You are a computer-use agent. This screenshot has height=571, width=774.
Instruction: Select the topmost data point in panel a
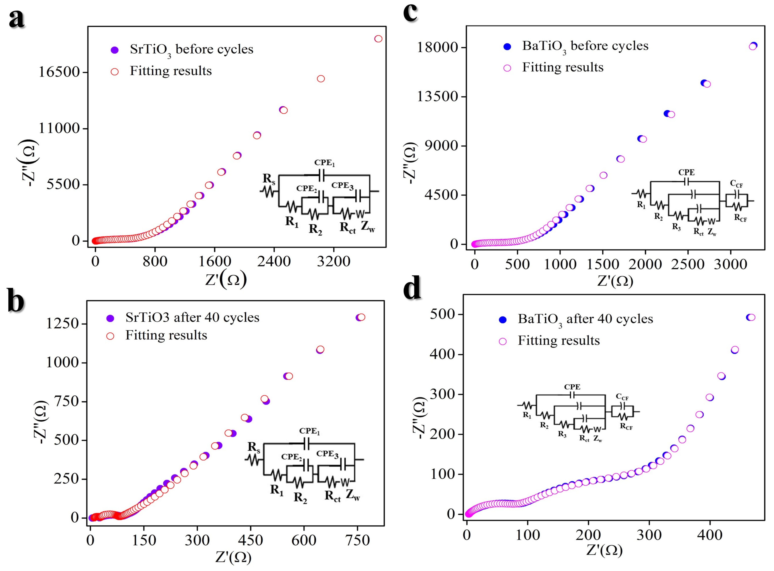point(378,39)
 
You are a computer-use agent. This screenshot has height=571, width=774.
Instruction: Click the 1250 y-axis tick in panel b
point(63,324)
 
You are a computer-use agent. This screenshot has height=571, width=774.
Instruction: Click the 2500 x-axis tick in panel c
point(688,264)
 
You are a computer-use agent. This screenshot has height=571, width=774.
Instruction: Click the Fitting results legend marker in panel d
point(503,341)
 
